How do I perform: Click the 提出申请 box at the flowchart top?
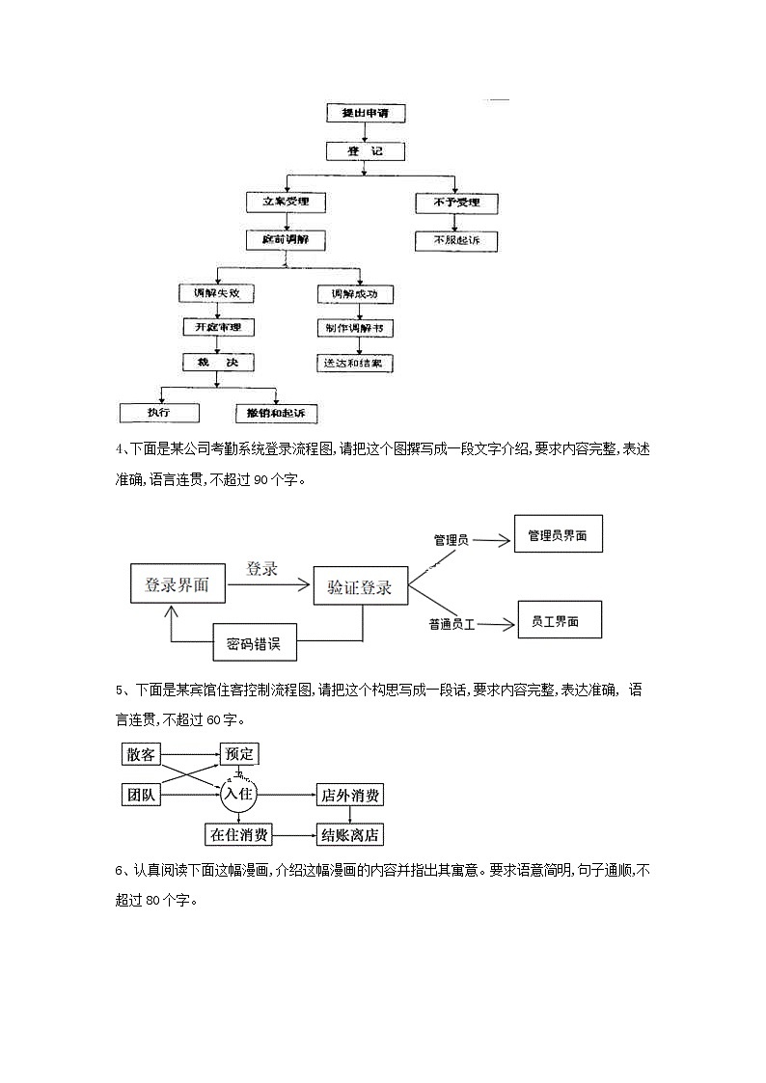pos(365,113)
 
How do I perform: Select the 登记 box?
pos(364,151)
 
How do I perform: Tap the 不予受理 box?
pos(455,203)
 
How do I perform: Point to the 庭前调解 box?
pos(286,238)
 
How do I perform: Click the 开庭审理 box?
pos(218,328)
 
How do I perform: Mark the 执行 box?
pos(159,413)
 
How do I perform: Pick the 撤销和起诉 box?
pos(276,413)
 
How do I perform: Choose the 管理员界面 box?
pos(558,534)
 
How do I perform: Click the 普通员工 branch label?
pos(452,625)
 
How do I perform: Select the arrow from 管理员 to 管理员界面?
pos(490,541)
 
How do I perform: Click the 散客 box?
pos(141,753)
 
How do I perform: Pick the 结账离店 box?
pos(351,835)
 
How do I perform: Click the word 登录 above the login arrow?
pos(261,569)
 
